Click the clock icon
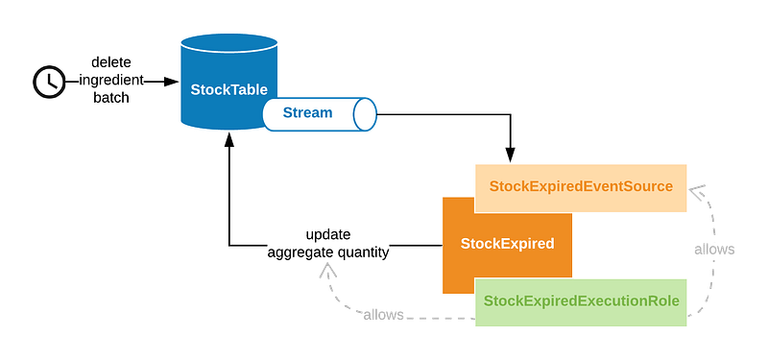pyautogui.click(x=49, y=82)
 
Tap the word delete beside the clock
pyautogui.click(x=111, y=62)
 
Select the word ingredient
pyautogui.click(x=111, y=81)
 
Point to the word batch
pyautogui.click(x=111, y=98)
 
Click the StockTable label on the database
pyautogui.click(x=228, y=90)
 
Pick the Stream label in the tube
pyautogui.click(x=307, y=112)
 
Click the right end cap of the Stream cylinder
pyautogui.click(x=365, y=114)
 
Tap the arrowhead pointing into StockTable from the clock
pyautogui.click(x=172, y=82)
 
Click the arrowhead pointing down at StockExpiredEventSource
pyautogui.click(x=510, y=155)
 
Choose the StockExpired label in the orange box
pyautogui.click(x=508, y=244)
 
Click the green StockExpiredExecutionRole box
pyautogui.click(x=581, y=302)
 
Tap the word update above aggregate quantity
pyautogui.click(x=328, y=234)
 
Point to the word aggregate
pyautogui.click(x=295, y=252)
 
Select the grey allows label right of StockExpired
pyautogui.click(x=714, y=250)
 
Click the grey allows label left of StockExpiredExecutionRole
pyautogui.click(x=383, y=315)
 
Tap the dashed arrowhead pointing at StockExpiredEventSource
pyautogui.click(x=697, y=190)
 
